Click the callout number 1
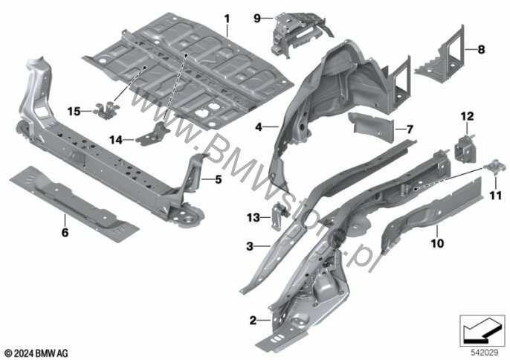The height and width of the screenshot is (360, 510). point(227,19)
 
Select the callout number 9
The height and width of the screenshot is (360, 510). point(257,19)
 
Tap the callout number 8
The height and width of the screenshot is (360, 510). point(481,50)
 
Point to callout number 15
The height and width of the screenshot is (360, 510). point(74,112)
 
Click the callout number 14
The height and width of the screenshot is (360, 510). point(115,141)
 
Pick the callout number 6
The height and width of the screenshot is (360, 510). point(65,232)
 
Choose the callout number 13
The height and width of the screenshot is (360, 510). point(254,217)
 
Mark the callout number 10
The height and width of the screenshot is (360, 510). point(437,242)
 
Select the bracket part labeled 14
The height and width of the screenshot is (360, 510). point(153,133)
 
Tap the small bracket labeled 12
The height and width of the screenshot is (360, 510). point(465,149)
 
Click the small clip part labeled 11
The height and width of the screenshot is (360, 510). point(494,167)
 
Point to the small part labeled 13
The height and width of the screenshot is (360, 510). point(279,215)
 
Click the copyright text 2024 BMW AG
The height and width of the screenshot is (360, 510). point(36,353)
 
